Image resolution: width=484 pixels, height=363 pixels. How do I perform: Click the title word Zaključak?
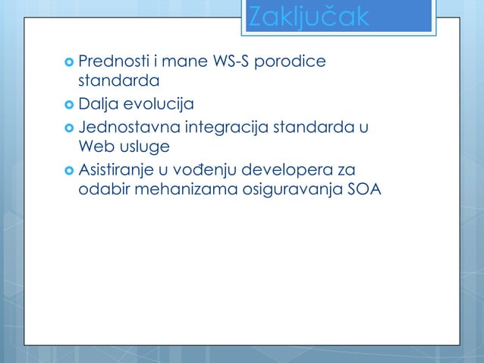point(309,17)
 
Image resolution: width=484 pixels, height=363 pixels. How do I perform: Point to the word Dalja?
point(97,104)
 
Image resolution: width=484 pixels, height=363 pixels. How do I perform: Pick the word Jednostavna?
point(130,125)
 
